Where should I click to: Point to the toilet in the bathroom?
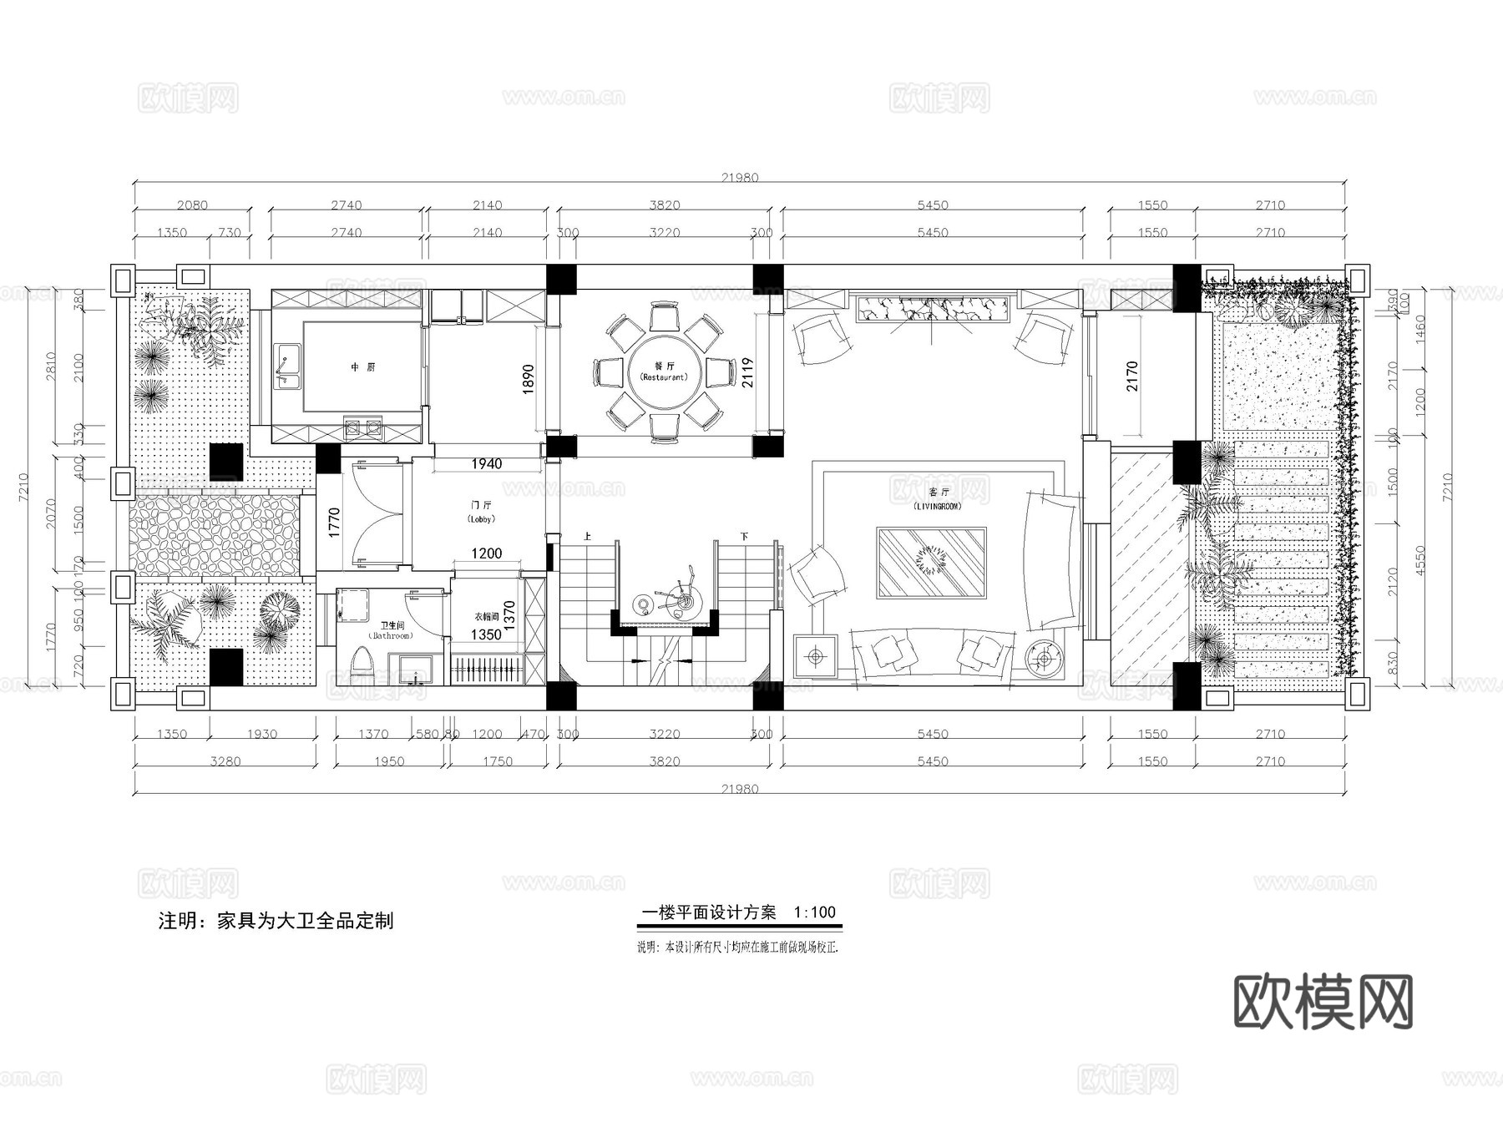(x=362, y=665)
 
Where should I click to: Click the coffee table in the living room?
(x=931, y=562)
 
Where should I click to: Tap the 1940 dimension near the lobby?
(x=486, y=464)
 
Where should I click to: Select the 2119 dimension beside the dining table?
(x=747, y=373)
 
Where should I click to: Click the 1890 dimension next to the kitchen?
(x=528, y=380)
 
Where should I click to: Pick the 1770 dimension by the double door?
(x=334, y=523)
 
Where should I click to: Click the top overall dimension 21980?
(x=740, y=178)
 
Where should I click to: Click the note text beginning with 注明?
(x=276, y=921)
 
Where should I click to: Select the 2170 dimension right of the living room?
(x=1132, y=377)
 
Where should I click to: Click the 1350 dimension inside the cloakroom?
(x=486, y=634)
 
